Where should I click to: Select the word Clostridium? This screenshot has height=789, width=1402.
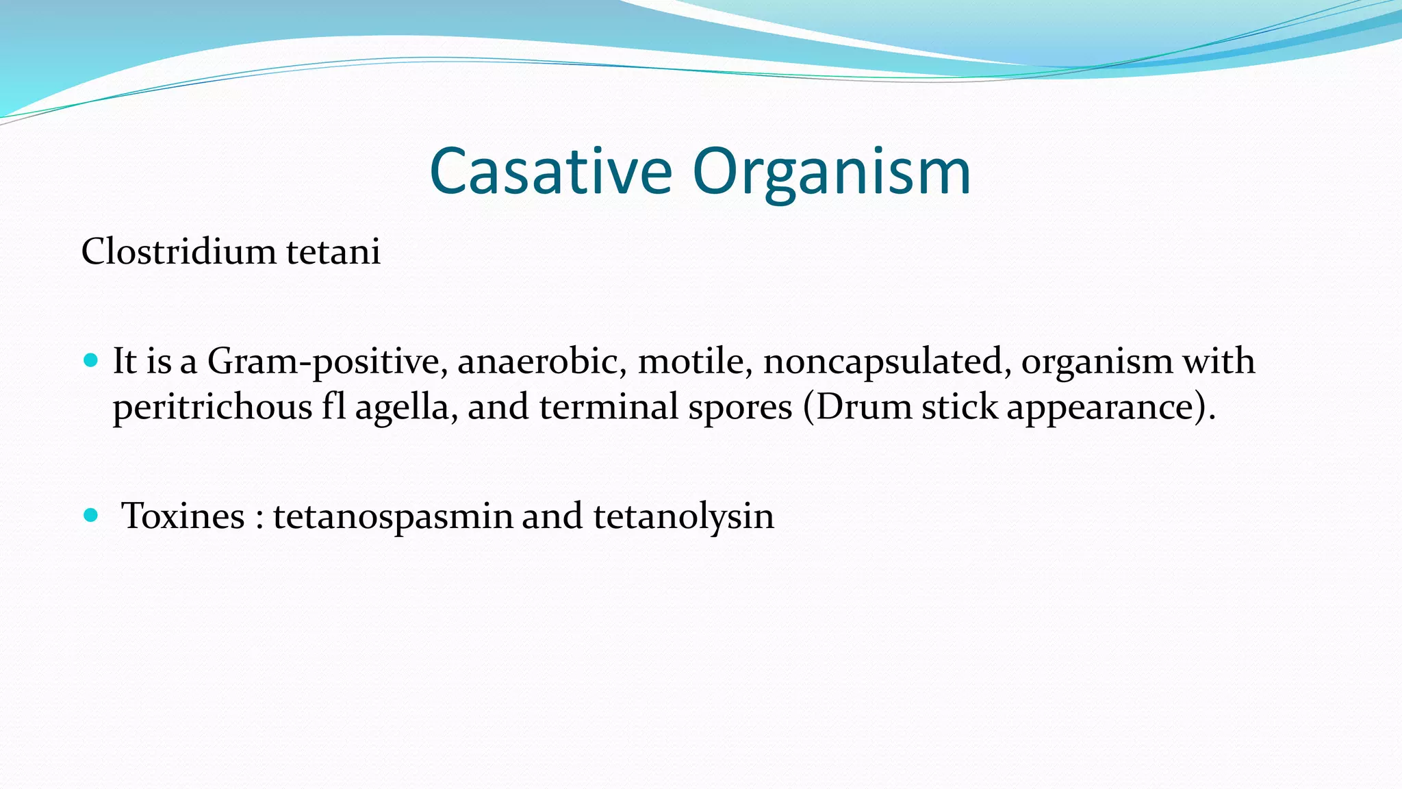[178, 251]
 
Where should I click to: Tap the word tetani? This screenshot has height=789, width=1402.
[333, 251]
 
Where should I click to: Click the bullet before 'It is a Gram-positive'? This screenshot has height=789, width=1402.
[90, 360]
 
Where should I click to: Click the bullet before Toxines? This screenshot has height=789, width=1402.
[90, 515]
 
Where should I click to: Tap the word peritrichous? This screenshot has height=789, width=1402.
[212, 408]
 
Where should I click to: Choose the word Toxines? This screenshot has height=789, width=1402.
[183, 516]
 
